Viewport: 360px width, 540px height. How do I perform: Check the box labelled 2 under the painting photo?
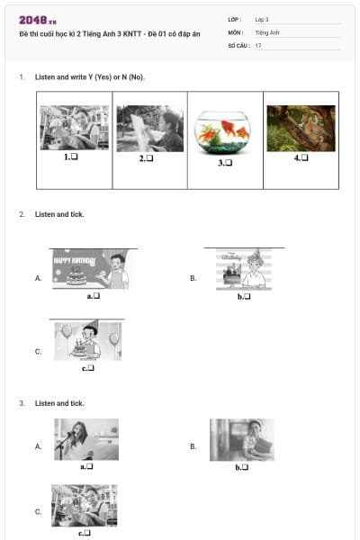pos(150,158)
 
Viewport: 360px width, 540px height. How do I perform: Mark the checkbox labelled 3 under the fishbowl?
pos(229,162)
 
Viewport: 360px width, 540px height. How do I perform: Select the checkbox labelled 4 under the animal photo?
pos(304,157)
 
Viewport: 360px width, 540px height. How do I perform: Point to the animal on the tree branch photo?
pos(301,128)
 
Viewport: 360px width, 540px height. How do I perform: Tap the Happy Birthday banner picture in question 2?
pos(90,269)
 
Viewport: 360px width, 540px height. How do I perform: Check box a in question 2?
pos(95,295)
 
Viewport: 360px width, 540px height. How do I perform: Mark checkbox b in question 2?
pos(246,296)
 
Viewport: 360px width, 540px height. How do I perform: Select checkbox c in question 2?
pos(91,367)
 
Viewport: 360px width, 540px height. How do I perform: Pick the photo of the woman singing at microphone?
pos(86,439)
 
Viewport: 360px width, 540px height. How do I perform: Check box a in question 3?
pos(90,466)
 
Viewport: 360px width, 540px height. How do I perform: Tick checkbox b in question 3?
pos(245,467)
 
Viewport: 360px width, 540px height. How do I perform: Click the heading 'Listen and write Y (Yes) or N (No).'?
pos(90,77)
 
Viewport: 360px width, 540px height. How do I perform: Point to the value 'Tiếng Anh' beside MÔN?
pos(267,32)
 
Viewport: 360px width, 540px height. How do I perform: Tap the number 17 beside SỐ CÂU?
pos(258,45)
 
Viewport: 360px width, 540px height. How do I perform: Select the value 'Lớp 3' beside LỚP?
pos(262,19)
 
